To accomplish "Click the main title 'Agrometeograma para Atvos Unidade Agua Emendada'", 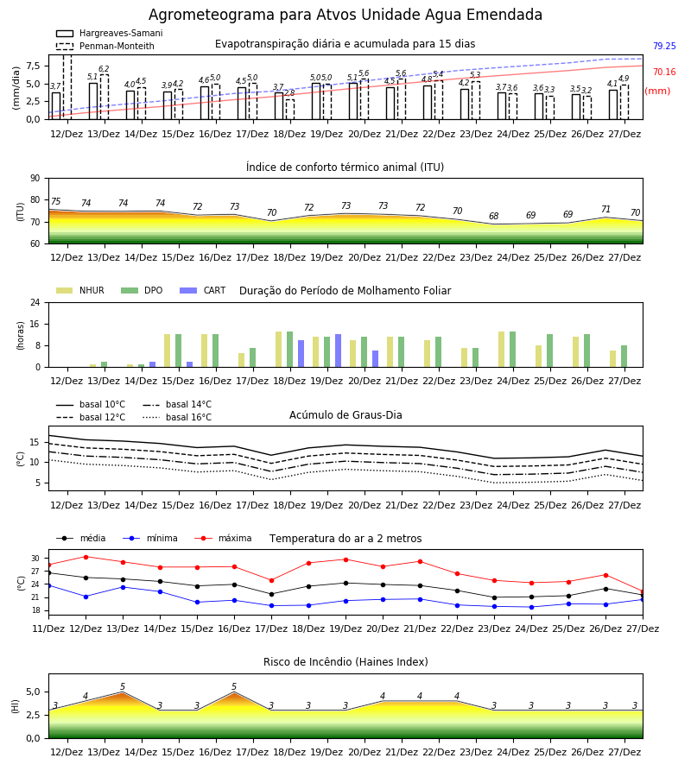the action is (345, 15).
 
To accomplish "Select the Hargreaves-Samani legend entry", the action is (110, 33).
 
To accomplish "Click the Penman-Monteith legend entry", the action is (105, 46).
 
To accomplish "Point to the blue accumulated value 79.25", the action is (664, 46).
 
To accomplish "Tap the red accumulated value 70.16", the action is (664, 72).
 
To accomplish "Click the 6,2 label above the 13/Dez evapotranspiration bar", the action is (104, 69).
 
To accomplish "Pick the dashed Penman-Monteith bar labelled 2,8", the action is (290, 110).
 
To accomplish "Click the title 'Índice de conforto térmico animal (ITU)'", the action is (345, 167).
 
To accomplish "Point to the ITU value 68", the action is (494, 216).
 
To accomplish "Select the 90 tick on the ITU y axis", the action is (35, 179).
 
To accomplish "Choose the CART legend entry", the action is (203, 290).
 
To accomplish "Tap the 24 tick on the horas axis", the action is (35, 302).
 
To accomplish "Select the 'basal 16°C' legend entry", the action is (177, 417).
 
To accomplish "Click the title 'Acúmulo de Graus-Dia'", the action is (345, 414).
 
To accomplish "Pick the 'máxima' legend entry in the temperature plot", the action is (223, 538).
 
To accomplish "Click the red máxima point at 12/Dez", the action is (86, 557).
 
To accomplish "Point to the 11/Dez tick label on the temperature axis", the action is (48, 629).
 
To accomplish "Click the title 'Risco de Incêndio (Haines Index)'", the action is (345, 662).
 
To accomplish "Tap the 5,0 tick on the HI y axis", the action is (33, 692).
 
